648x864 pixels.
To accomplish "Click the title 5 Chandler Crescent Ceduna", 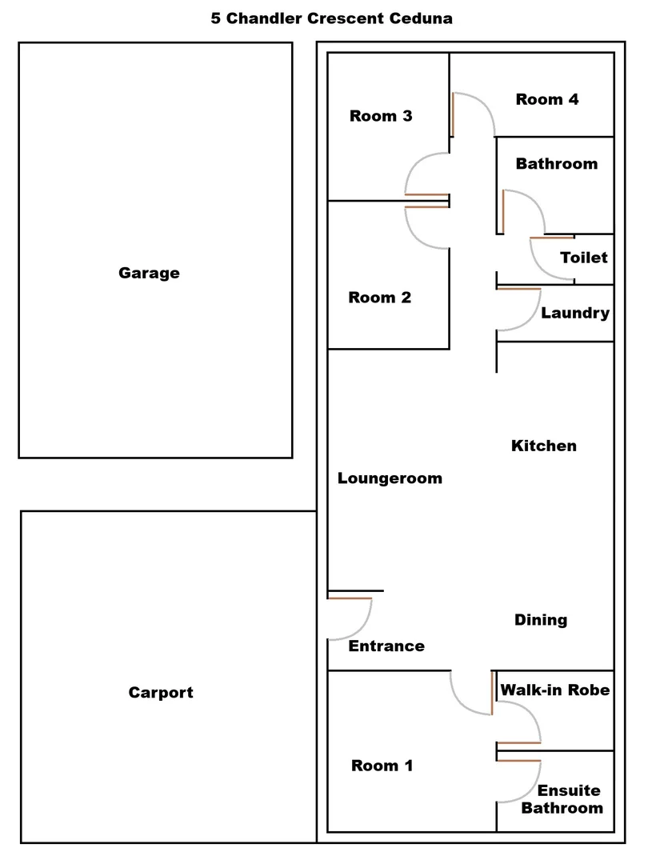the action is click(x=332, y=18).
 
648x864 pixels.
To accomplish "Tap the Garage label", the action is click(x=149, y=273).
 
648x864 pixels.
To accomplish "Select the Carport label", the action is click(x=161, y=693).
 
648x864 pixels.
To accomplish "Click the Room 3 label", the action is click(x=381, y=116).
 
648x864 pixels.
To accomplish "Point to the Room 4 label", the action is click(x=547, y=99).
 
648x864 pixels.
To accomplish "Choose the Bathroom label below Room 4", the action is click(x=557, y=164).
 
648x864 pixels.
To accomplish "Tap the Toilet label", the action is click(x=583, y=258).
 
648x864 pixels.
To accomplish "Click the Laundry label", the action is click(x=575, y=313).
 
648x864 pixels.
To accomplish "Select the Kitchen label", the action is click(x=544, y=446).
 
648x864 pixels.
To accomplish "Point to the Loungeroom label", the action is click(x=390, y=478).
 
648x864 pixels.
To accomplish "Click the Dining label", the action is click(x=541, y=620).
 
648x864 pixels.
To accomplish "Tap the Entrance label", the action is click(x=386, y=646).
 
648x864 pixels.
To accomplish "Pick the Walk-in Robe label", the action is click(x=555, y=690).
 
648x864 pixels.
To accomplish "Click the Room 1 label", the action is click(x=382, y=766).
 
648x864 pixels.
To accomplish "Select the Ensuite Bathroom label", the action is click(x=562, y=799).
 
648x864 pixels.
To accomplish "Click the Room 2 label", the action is click(x=380, y=298).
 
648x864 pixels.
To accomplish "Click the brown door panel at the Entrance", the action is click(x=350, y=598).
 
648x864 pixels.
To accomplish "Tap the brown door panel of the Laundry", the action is click(x=518, y=289).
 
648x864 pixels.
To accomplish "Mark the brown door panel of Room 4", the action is click(x=452, y=114).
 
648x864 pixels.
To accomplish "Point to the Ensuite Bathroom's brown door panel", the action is click(x=518, y=761).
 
